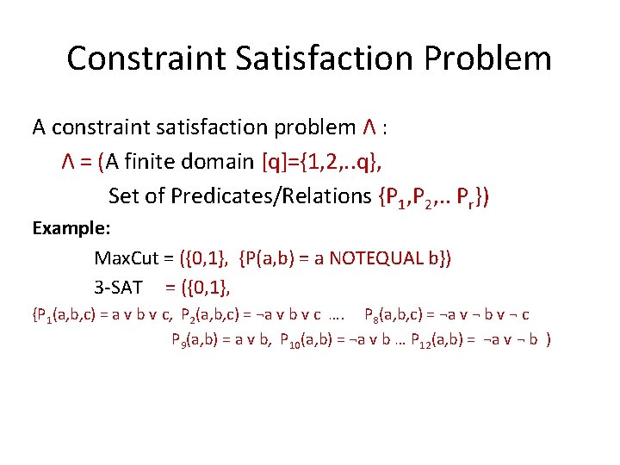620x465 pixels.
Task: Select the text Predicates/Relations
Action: tap(271, 196)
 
